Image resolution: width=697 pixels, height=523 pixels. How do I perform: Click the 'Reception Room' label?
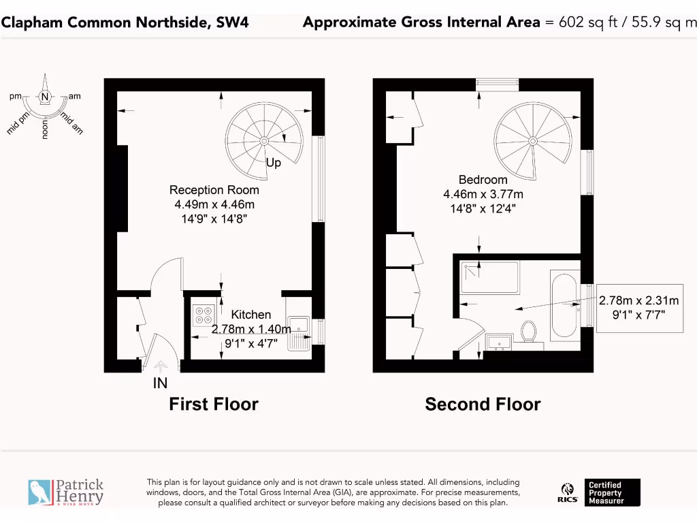(214, 190)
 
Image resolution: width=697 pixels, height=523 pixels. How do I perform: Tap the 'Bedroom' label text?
(483, 180)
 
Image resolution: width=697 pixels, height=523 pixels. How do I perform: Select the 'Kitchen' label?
(250, 315)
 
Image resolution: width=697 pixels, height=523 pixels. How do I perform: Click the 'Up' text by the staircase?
(274, 163)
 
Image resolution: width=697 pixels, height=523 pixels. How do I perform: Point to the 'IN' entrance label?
(159, 384)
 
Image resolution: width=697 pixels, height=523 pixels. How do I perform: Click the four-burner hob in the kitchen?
(204, 315)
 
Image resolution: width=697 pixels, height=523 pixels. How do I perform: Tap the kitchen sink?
(298, 332)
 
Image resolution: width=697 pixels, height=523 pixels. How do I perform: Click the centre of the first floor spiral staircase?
(264, 141)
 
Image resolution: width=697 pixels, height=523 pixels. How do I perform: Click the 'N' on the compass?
(45, 97)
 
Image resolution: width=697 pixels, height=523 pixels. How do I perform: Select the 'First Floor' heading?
(214, 404)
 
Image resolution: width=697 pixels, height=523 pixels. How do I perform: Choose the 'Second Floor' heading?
(483, 405)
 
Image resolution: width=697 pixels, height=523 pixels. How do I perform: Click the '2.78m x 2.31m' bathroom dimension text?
(638, 300)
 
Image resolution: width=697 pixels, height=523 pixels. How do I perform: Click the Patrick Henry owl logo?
(39, 492)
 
